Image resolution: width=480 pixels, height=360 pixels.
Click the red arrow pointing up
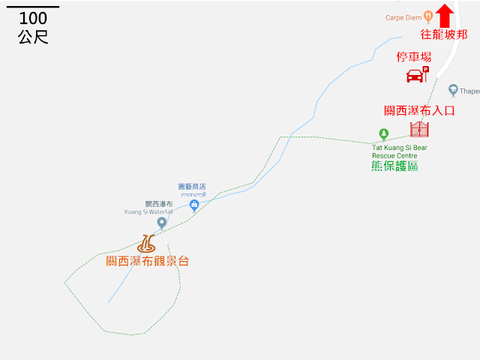point(445,16)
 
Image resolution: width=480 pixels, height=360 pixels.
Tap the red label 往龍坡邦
point(444,34)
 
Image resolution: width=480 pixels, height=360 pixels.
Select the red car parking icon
point(416,74)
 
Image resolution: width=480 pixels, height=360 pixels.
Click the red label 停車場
point(414,56)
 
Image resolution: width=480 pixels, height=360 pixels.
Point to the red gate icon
point(419,128)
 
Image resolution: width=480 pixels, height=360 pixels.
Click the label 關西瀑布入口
point(419,110)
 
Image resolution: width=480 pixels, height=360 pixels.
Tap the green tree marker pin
point(384,135)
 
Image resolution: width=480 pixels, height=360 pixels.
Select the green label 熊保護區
point(394,166)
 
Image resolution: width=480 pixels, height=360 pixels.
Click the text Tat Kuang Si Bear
point(400,148)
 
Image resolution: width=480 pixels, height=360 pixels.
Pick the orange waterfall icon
point(147,244)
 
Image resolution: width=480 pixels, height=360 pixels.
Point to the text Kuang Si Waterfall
point(148,211)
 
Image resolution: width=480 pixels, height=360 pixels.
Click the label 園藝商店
point(191,186)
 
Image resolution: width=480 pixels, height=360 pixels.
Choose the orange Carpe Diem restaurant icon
point(427,15)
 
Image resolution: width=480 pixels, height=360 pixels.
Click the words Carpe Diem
point(403,16)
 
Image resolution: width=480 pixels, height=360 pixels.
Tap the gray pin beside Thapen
point(453,90)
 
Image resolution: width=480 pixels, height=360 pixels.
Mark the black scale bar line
point(32,7)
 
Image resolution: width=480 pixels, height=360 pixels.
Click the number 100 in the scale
point(32,19)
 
